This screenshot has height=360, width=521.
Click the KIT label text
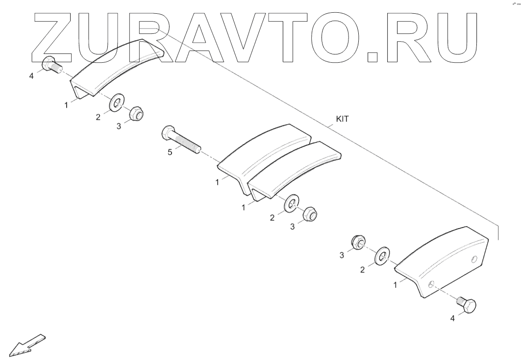coord(342,119)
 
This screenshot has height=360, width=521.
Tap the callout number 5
coord(170,152)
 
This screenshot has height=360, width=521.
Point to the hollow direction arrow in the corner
coord(27,344)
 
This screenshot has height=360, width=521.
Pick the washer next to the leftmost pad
coord(117,103)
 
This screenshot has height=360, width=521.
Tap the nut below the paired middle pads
coord(309,214)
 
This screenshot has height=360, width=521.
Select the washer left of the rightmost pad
coord(381,256)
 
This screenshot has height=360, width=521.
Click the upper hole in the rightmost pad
coord(474,258)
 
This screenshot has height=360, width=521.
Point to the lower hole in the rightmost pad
coord(431,283)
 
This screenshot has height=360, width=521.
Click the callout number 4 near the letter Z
coord(32,76)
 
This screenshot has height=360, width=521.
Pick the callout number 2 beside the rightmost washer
coord(362,269)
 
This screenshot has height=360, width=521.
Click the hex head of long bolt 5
coord(167,132)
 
